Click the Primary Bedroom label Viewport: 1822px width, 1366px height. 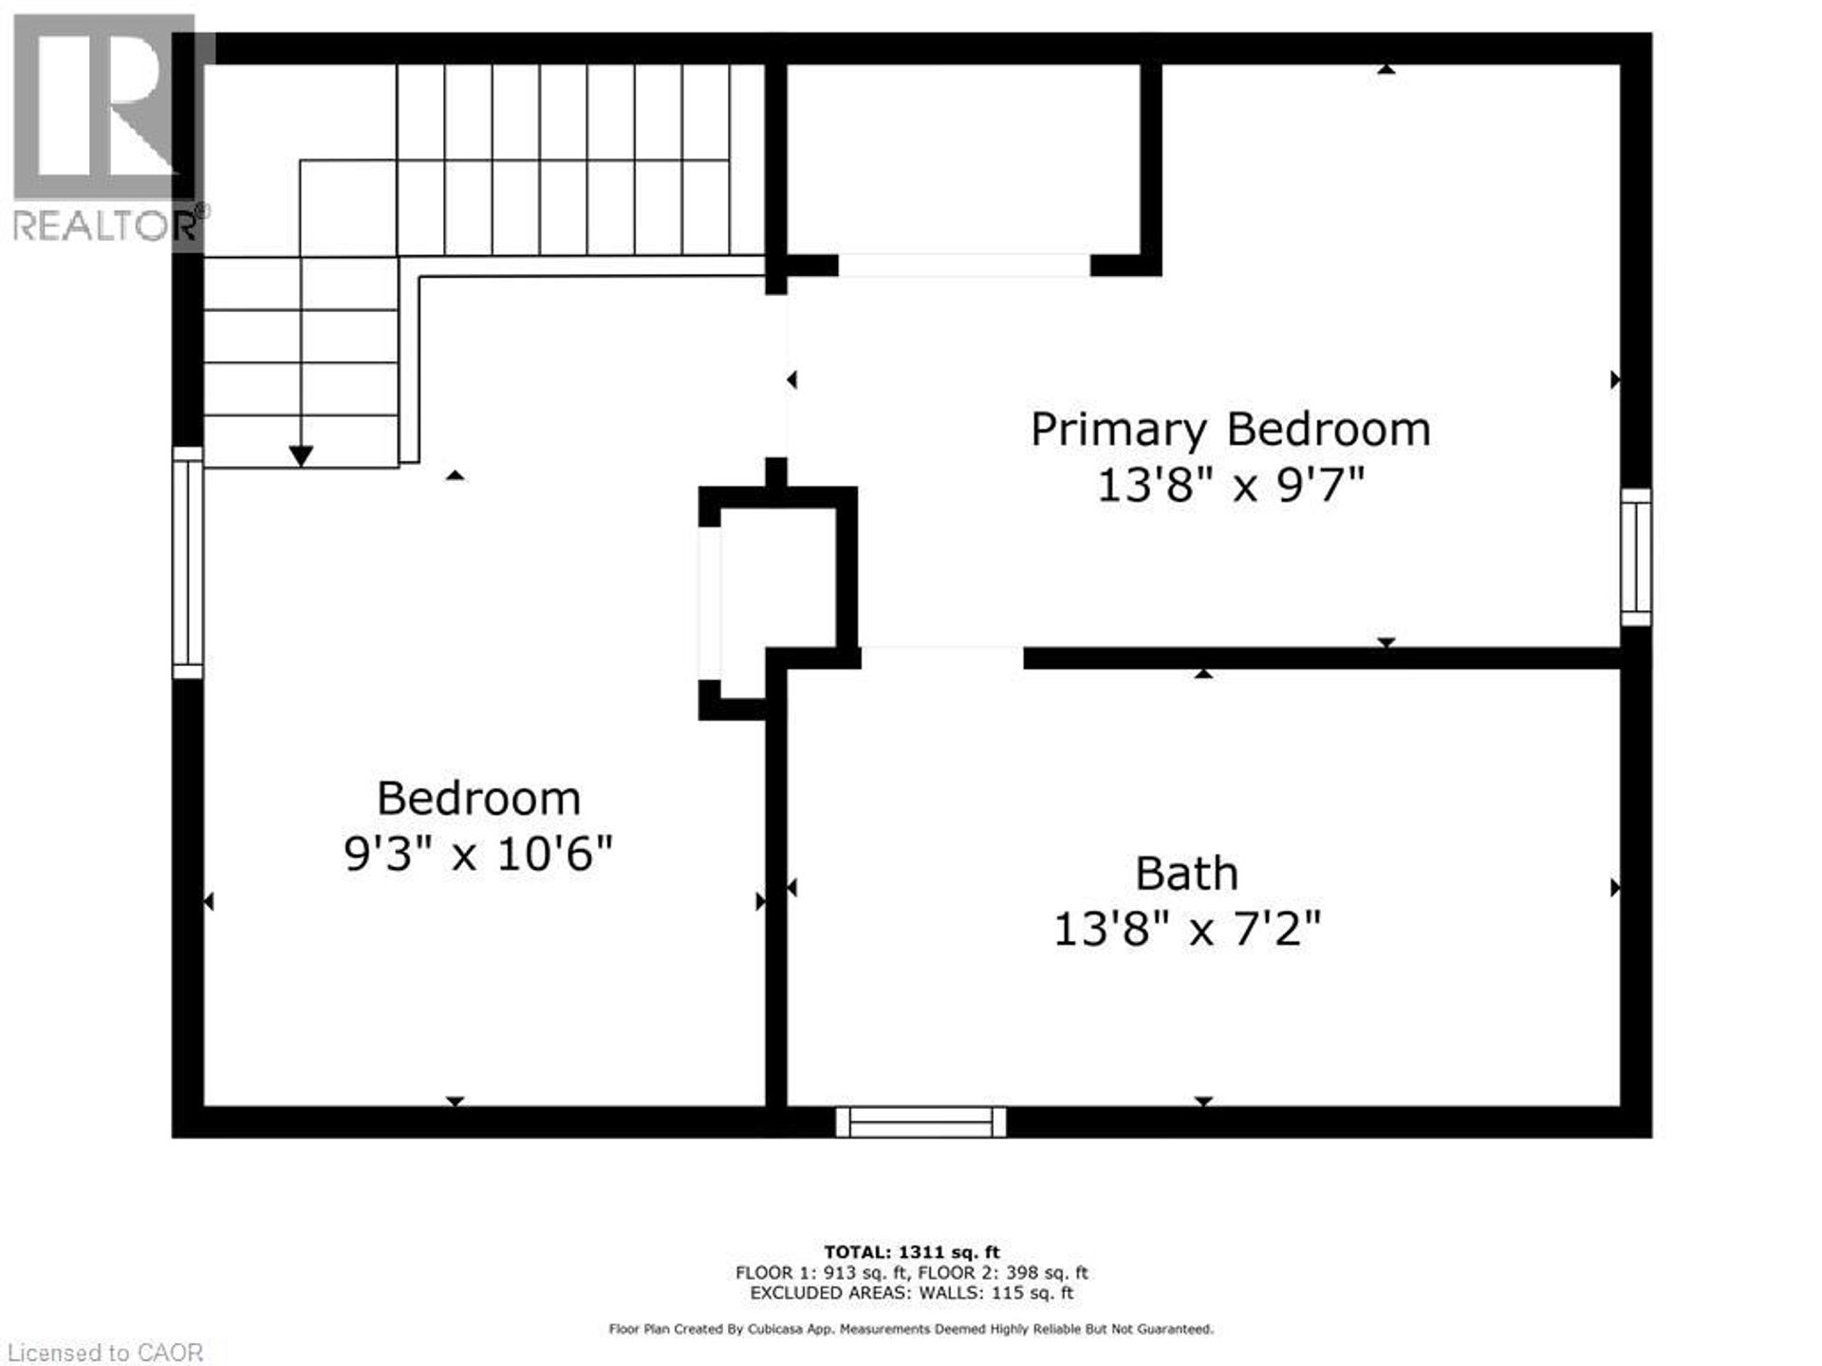pyautogui.click(x=1230, y=430)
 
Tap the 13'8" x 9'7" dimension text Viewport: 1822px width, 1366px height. pyautogui.click(x=1230, y=487)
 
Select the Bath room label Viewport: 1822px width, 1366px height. pyautogui.click(x=1186, y=874)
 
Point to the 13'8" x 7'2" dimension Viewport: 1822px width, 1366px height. pyautogui.click(x=1186, y=929)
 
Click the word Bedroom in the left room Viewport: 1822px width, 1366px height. pyautogui.click(x=478, y=799)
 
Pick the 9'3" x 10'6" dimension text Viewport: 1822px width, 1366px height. pyautogui.click(x=478, y=854)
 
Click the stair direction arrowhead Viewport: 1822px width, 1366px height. pyautogui.click(x=301, y=456)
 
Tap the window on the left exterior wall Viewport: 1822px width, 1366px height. pyautogui.click(x=188, y=562)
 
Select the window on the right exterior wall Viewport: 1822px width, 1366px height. pyautogui.click(x=1635, y=557)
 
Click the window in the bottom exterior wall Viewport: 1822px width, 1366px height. pyautogui.click(x=920, y=1121)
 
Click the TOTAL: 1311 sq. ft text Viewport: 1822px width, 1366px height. pyautogui.click(x=911, y=1252)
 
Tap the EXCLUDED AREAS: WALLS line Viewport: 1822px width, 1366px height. pyautogui.click(x=911, y=1293)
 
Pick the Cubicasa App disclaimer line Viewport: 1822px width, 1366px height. pyautogui.click(x=911, y=1330)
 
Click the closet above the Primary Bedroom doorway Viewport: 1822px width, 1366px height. pyautogui.click(x=963, y=159)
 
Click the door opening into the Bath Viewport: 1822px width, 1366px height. pyautogui.click(x=941, y=656)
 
